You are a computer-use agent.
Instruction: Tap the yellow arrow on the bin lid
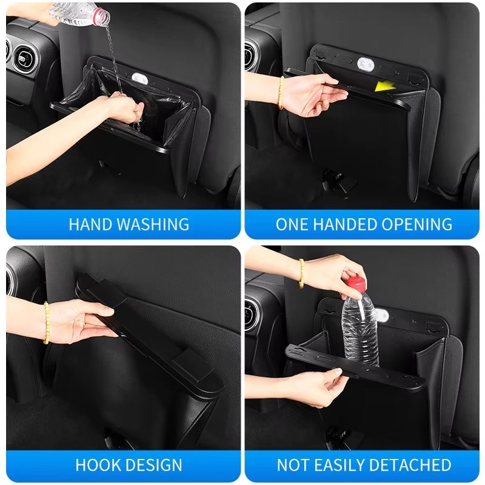pyautogui.click(x=385, y=86)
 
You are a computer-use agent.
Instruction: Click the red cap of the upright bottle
pyautogui.click(x=356, y=284)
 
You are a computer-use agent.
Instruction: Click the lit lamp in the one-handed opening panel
pyautogui.click(x=366, y=64)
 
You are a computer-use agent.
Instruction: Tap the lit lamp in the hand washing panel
pyautogui.click(x=139, y=78)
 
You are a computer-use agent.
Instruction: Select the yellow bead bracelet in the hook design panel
pyautogui.click(x=46, y=323)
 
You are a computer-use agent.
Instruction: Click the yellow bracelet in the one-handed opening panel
pyautogui.click(x=281, y=93)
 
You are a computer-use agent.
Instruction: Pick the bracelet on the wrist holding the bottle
pyautogui.click(x=301, y=274)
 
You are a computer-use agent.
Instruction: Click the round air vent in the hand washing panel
pyautogui.click(x=25, y=58)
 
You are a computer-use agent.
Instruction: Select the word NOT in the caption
pyautogui.click(x=289, y=465)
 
